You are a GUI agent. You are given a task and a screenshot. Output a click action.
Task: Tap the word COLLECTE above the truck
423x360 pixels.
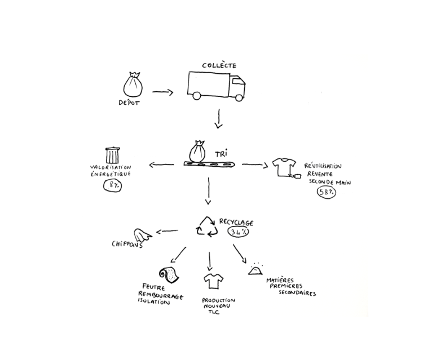click(218, 66)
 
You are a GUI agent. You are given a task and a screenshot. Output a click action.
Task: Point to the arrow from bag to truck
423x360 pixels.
click(163, 92)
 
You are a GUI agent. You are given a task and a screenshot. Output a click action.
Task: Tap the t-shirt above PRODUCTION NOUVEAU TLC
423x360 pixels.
click(213, 280)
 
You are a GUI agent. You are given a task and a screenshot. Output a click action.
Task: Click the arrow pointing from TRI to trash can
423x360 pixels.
click(161, 165)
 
